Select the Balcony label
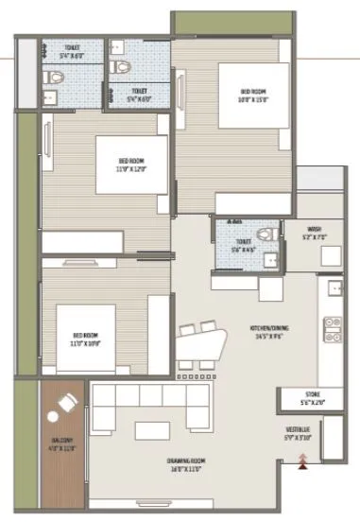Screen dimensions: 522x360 click(x=61, y=441)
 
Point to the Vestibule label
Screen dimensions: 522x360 click(x=300, y=434)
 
